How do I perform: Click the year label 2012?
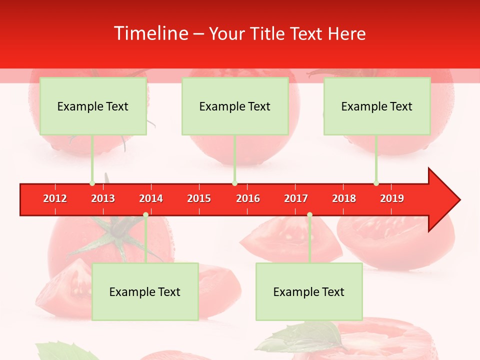coord(55,198)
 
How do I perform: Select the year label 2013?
coord(103,198)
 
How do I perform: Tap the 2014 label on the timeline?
coord(151,198)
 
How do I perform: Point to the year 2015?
coord(199,198)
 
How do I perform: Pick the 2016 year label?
coord(248,198)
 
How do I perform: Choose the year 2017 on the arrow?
coord(296,198)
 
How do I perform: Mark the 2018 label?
coord(344,198)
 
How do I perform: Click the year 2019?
coord(392,198)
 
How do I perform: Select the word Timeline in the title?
coord(150,33)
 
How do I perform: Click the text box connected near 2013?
coord(93,106)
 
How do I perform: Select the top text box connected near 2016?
coord(235,106)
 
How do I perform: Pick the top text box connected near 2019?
coord(377,106)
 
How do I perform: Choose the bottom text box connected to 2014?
coord(145,291)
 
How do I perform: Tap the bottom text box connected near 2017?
coord(309,291)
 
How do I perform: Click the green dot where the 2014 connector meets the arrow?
coord(145,215)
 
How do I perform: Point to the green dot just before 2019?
coord(376,183)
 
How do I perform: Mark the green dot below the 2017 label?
coord(309,215)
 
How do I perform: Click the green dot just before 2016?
coord(234,183)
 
